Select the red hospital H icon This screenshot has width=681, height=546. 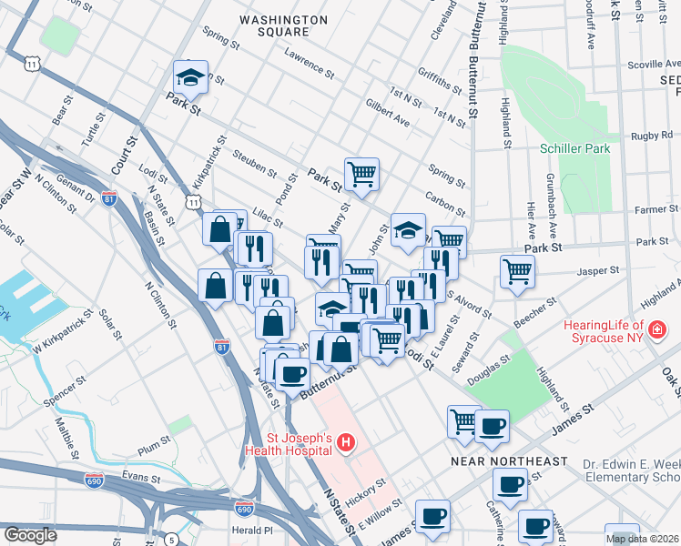pos(345,443)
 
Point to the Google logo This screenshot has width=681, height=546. pos(30,534)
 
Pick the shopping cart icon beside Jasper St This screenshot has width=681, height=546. pos(517,271)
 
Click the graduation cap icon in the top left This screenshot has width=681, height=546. pos(191,77)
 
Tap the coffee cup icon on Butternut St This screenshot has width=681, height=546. pos(292,374)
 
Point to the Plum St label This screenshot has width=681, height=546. pos(148,448)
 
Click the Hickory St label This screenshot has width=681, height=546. pos(366,487)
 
